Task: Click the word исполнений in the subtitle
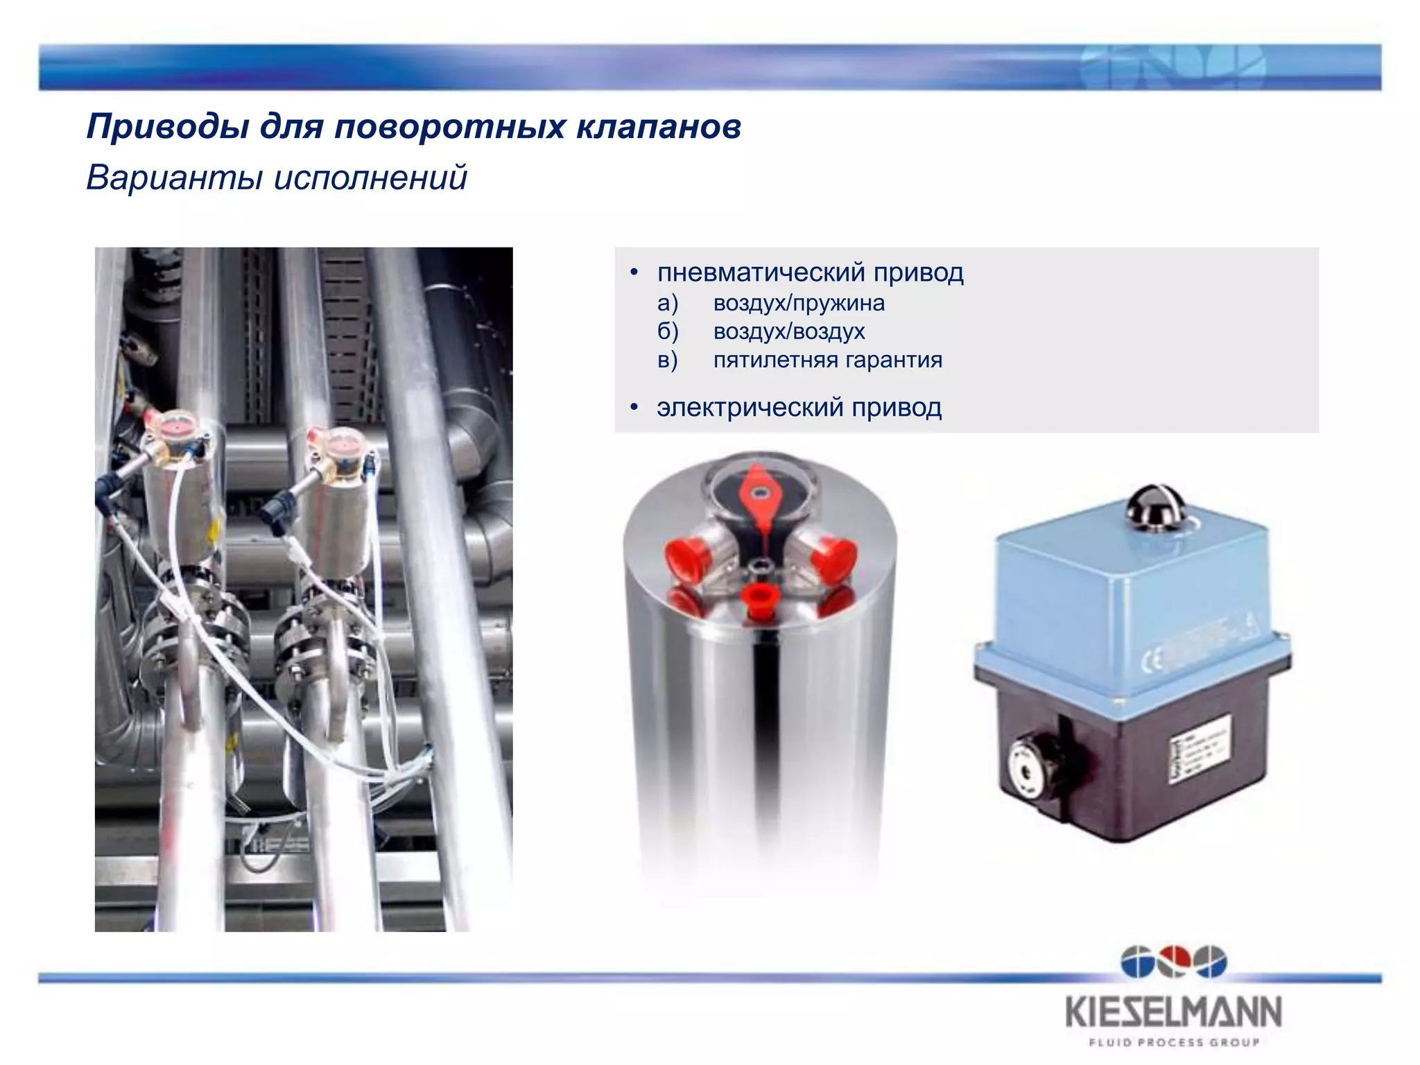click(x=370, y=177)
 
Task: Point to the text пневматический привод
click(x=810, y=272)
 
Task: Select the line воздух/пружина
click(x=799, y=303)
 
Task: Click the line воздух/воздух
click(x=789, y=331)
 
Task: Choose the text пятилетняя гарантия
click(x=828, y=360)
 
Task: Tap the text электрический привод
click(x=799, y=407)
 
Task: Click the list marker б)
click(x=668, y=331)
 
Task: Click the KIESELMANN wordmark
click(x=1173, y=1012)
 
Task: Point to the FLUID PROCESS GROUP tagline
click(x=1173, y=1042)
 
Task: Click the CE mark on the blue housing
click(x=1152, y=661)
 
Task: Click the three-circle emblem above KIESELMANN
click(x=1173, y=962)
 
